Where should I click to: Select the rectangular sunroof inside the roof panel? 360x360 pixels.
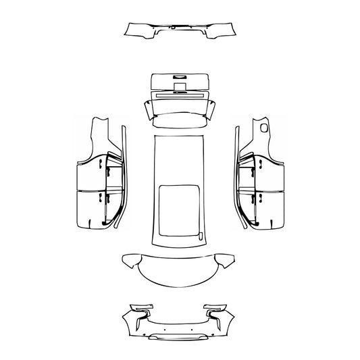click(x=180, y=209)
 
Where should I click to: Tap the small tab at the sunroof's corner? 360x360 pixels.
click(x=201, y=236)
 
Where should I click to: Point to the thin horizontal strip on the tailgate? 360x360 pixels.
click(x=179, y=95)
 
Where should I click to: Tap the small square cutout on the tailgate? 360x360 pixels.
click(x=179, y=86)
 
